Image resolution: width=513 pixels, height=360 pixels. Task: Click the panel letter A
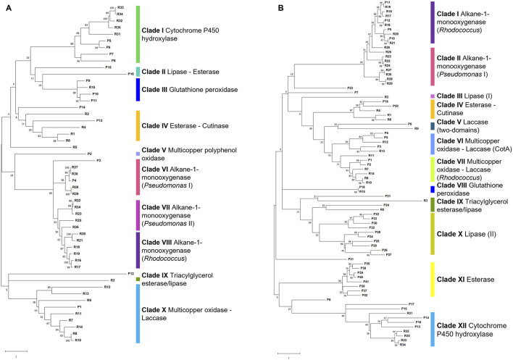(x=5, y=7)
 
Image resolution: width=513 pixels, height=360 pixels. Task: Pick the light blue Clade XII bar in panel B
(x=432, y=328)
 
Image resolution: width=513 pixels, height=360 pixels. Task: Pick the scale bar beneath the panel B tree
(x=288, y=351)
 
